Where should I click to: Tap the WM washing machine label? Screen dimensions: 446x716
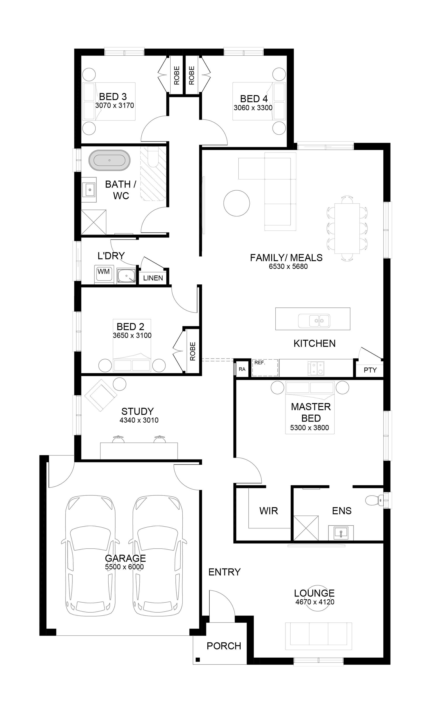tap(103, 271)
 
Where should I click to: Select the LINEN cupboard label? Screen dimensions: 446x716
tap(153, 278)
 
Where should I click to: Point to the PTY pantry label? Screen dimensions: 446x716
tap(370, 370)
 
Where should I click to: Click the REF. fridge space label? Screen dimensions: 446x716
tap(260, 362)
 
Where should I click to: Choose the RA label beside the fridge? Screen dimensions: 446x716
tap(242, 369)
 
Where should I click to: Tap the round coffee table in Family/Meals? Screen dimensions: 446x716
tap(237, 203)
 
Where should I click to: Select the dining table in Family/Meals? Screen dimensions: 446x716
tap(347, 228)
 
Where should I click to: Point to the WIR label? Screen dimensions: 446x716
tap(269, 511)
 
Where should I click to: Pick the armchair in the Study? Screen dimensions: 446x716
tap(101, 395)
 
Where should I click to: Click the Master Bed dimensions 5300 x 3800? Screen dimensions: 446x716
tap(310, 428)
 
